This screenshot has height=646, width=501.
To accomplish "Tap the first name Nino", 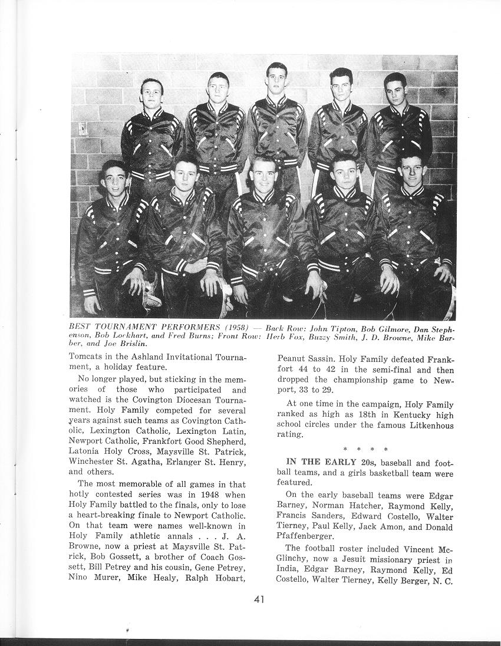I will pos(80,578).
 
